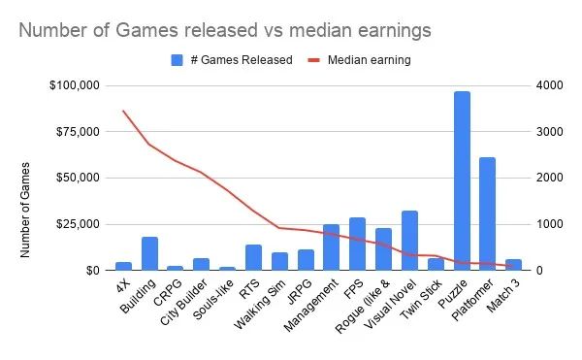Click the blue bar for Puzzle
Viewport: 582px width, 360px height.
(x=462, y=180)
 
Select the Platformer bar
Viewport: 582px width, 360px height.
(x=487, y=213)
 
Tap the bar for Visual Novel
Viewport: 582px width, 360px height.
(x=409, y=240)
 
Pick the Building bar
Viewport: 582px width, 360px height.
(x=149, y=253)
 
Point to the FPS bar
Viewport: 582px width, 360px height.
(x=357, y=244)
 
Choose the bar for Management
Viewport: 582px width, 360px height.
(x=332, y=246)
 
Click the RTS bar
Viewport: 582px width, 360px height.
(x=253, y=257)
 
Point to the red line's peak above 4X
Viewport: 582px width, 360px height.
(x=123, y=111)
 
